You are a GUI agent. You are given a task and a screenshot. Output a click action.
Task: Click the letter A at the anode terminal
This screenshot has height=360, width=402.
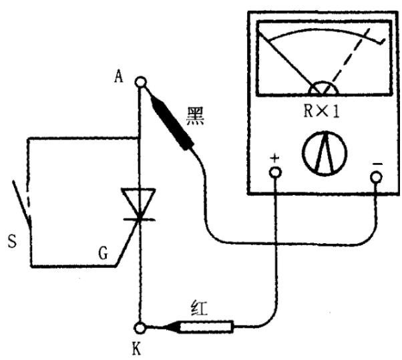click(x=118, y=74)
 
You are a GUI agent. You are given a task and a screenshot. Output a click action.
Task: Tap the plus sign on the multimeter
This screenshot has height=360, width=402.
click(x=274, y=158)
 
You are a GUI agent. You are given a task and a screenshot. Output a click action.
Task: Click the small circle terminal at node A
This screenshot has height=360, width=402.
click(x=140, y=82)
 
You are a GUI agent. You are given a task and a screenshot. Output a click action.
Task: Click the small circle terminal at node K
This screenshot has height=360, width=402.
click(x=140, y=328)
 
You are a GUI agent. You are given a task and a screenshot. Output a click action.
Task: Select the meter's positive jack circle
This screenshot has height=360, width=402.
click(x=274, y=173)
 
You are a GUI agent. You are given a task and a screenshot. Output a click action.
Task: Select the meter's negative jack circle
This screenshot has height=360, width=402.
click(x=377, y=177)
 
